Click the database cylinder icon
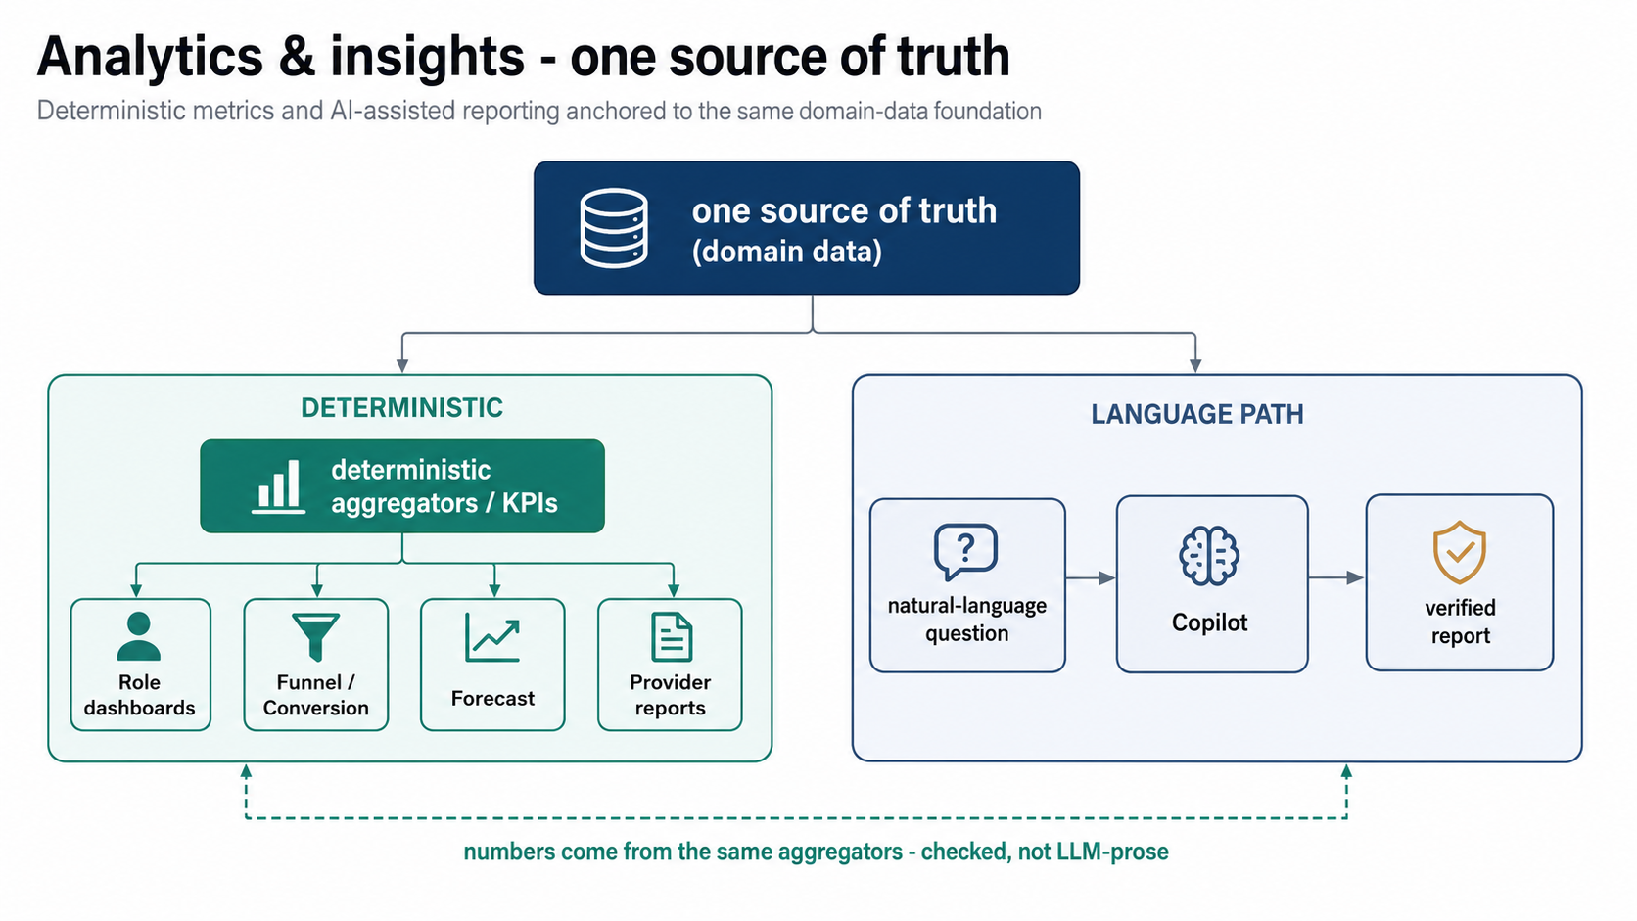(614, 229)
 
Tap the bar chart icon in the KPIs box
(278, 486)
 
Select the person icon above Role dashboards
(139, 637)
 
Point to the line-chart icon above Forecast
(492, 637)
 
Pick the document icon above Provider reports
(672, 636)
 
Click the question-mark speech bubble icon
(966, 551)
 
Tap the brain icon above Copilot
(1209, 556)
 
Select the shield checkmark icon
(1460, 552)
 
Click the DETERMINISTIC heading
(402, 407)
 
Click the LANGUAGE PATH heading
(1197, 414)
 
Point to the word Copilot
(1209, 622)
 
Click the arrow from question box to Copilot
(1091, 578)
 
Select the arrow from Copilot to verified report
(1335, 577)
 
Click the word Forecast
(492, 698)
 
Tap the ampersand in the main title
(296, 57)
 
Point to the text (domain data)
(787, 252)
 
